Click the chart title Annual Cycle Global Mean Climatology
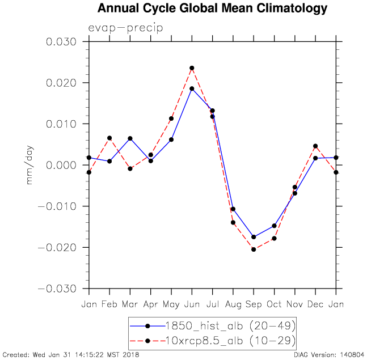(x=212, y=9)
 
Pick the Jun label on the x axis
(x=192, y=304)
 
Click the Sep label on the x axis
(x=254, y=304)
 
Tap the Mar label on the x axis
(x=130, y=304)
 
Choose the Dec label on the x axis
(x=315, y=304)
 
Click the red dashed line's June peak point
(x=192, y=68)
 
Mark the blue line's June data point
(x=192, y=88)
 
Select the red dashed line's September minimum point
(x=254, y=249)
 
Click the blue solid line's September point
(x=254, y=237)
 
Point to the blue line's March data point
(x=130, y=138)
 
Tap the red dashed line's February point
(x=109, y=138)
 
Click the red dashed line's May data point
(x=171, y=118)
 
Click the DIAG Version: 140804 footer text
(x=328, y=355)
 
